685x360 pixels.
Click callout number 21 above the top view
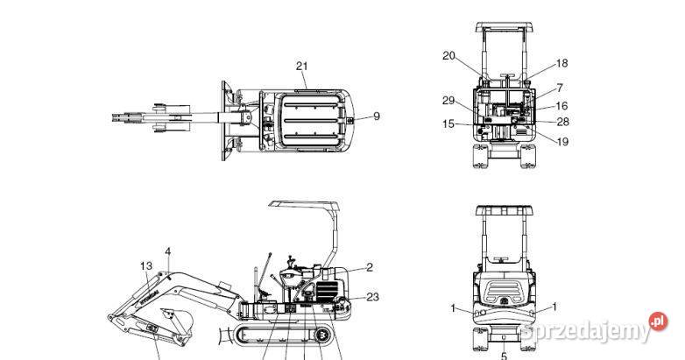coord(302,66)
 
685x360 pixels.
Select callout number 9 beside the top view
coord(377,116)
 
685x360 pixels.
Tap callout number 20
coord(448,56)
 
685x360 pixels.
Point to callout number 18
coord(561,63)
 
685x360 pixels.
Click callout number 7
coord(559,88)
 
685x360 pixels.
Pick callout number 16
coord(561,105)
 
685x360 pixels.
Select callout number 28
coord(561,122)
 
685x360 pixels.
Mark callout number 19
coord(561,141)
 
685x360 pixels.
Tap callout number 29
coord(448,100)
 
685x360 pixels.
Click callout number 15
coord(448,124)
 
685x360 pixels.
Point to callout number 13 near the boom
coord(146,265)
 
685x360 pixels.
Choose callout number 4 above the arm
coord(168,251)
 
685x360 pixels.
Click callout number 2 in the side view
coord(370,267)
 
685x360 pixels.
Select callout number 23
coord(372,297)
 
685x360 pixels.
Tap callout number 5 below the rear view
coord(504,355)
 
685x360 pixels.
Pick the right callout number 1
coord(554,307)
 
